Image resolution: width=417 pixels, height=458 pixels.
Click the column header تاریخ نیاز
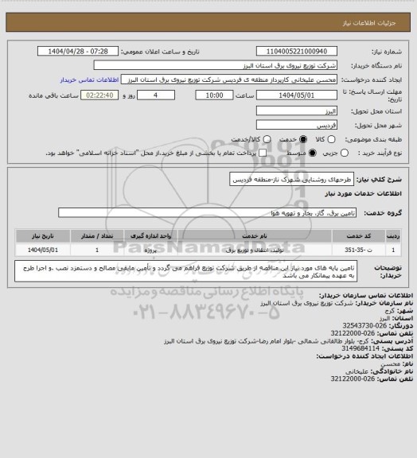(41, 236)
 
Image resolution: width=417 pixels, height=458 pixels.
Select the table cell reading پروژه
(158, 250)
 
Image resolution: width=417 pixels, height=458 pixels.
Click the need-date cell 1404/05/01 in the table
(41, 250)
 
